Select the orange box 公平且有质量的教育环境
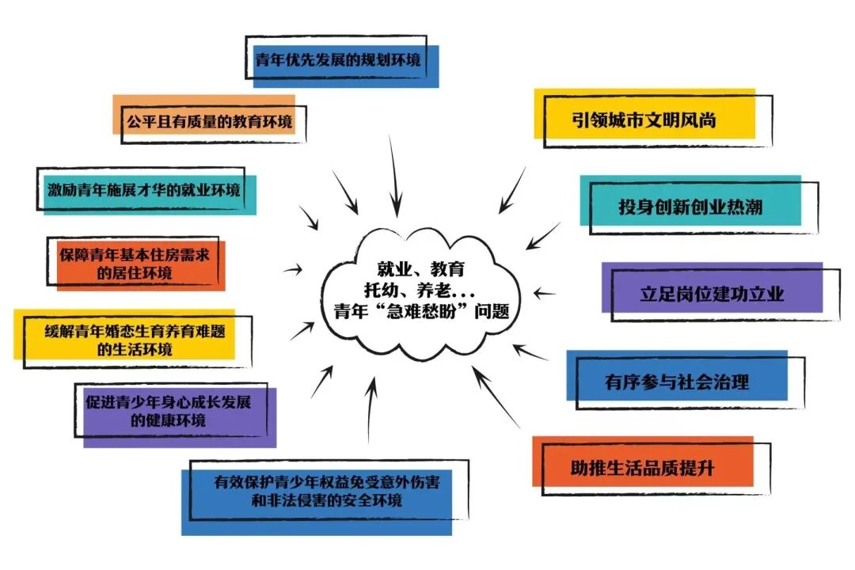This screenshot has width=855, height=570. [x=207, y=121]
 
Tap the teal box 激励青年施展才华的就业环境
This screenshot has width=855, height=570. [x=144, y=189]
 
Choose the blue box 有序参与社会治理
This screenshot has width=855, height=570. [x=677, y=382]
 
